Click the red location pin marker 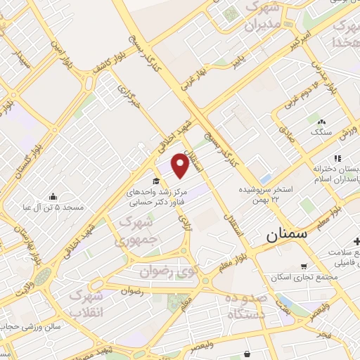(181, 167)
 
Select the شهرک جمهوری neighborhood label (139, 231)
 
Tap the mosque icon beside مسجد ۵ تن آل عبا (53, 196)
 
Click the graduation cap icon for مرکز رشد (156, 181)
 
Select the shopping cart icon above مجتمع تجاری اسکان (303, 266)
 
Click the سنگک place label (321, 131)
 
